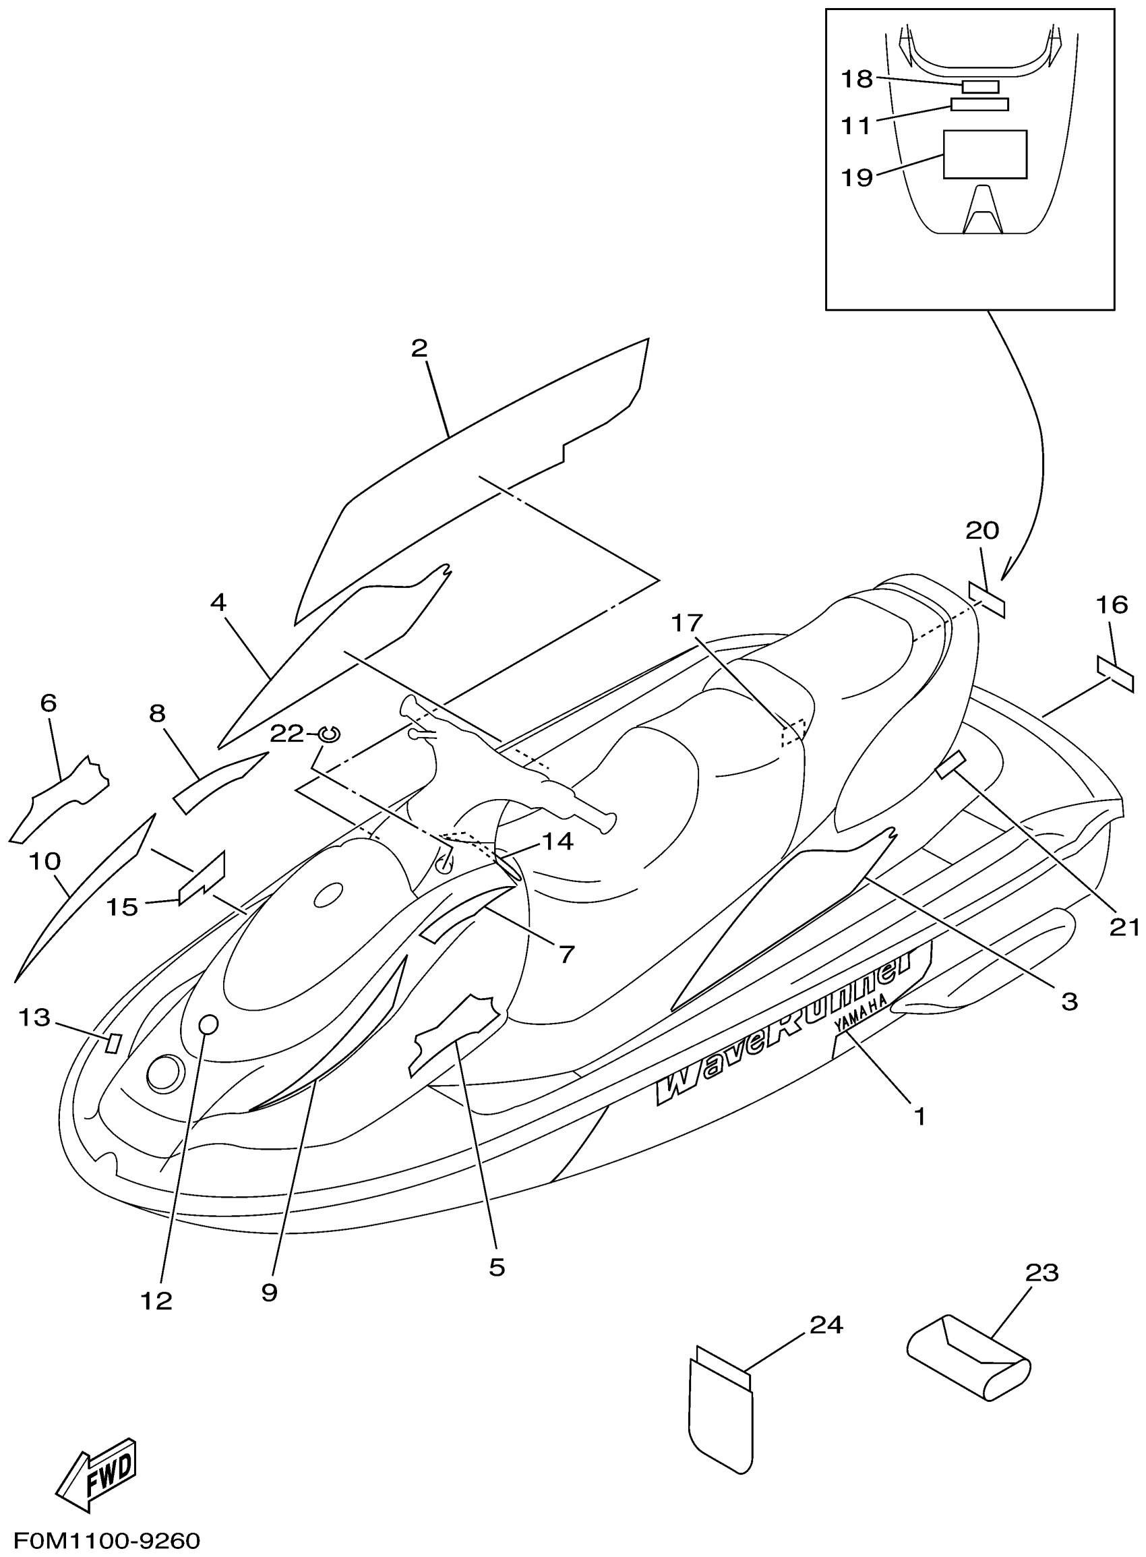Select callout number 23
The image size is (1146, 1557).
(1042, 1273)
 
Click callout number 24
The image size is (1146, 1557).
(826, 1325)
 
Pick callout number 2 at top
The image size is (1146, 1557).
(419, 349)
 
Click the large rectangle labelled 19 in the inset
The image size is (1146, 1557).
(984, 154)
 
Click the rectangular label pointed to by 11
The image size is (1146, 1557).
(979, 105)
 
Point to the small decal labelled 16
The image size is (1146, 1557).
(1115, 668)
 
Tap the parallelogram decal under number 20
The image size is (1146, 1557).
(986, 600)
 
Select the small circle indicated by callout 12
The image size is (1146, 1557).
(208, 1024)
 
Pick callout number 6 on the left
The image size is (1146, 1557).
(48, 703)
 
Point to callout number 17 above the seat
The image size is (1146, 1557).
(687, 623)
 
